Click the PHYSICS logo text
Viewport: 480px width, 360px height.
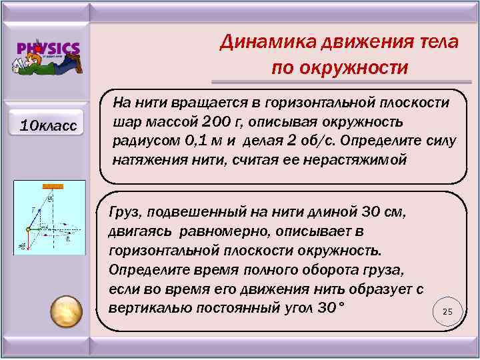tap(48, 49)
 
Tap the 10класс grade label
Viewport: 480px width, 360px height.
tap(48, 125)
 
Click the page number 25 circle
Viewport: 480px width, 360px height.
tap(447, 312)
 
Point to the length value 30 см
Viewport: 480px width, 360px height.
tap(383, 211)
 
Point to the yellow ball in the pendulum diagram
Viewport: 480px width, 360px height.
tap(28, 230)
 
